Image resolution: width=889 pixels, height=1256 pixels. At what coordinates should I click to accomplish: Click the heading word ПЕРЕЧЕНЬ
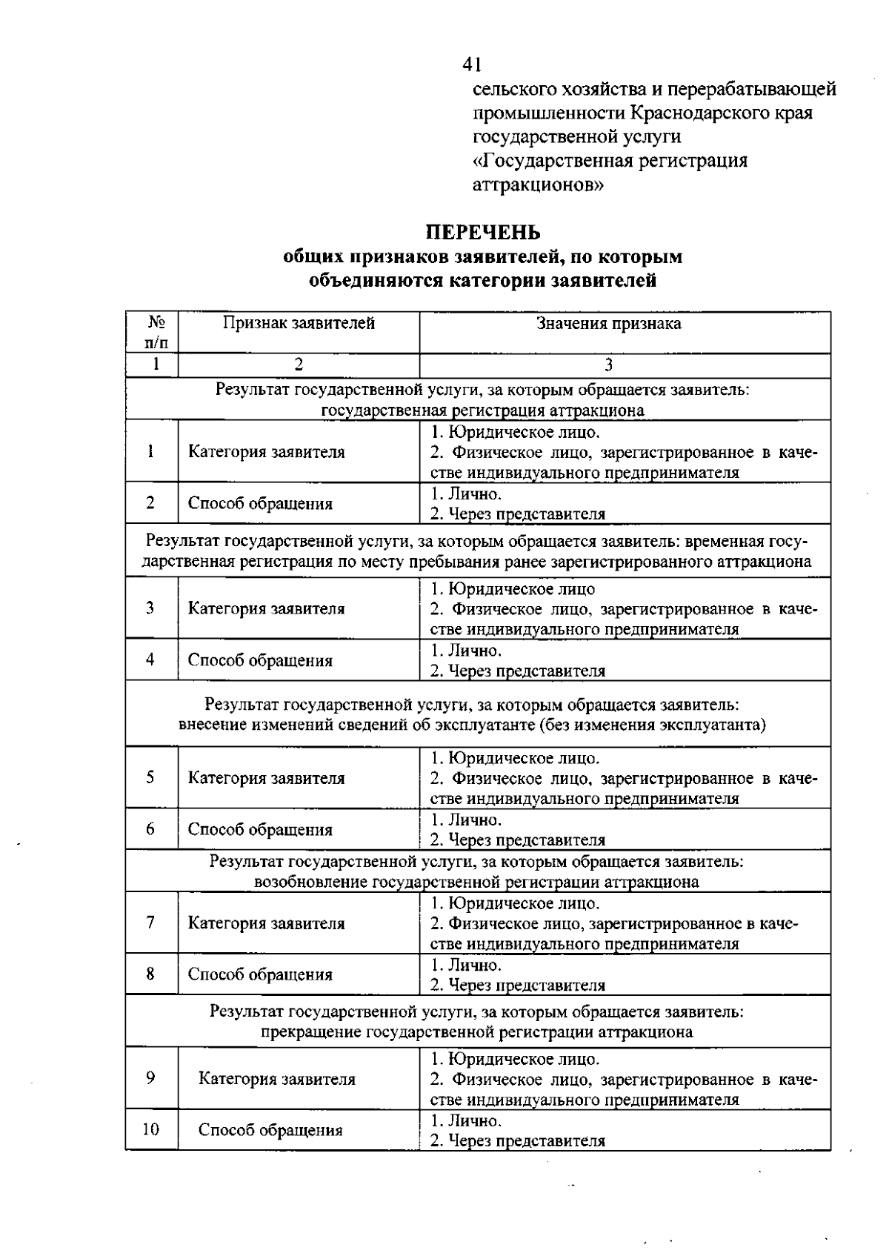(483, 233)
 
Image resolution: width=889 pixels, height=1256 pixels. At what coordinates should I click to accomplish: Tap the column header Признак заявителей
(299, 323)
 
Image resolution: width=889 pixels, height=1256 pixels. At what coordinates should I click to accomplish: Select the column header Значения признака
(608, 323)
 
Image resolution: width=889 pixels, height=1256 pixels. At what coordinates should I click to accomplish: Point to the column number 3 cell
(608, 365)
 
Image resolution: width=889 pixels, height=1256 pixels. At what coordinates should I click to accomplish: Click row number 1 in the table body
(151, 451)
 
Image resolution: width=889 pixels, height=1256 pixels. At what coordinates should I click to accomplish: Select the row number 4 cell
(151, 659)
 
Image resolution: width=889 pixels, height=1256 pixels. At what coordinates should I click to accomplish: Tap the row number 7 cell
(151, 923)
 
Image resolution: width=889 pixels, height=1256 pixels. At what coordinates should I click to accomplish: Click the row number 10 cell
(151, 1129)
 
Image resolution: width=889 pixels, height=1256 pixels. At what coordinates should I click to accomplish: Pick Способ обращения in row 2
(260, 504)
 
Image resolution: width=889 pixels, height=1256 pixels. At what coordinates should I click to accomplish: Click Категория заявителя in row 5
(266, 778)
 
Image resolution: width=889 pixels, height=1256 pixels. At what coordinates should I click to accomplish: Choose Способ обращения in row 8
(260, 974)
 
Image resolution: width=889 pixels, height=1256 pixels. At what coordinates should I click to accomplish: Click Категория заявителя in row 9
(276, 1079)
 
